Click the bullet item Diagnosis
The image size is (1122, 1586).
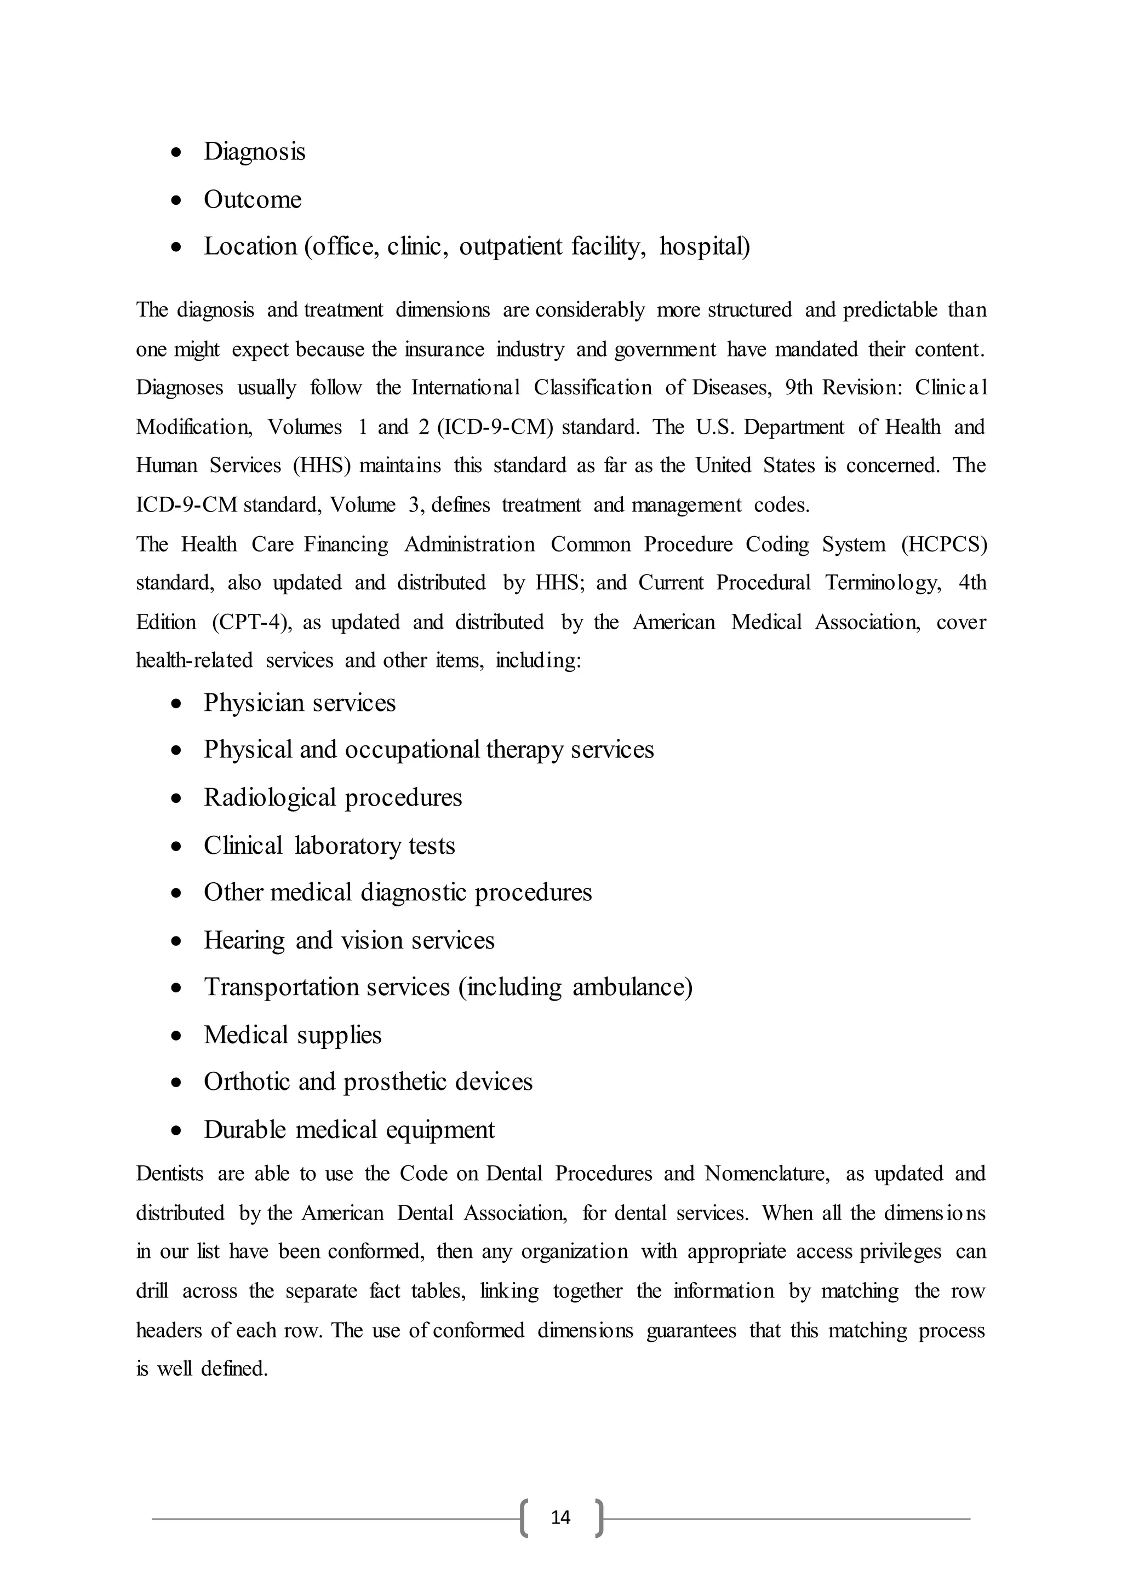tap(254, 152)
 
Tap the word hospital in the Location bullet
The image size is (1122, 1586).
tap(704, 246)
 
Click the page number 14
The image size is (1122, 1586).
tap(560, 1517)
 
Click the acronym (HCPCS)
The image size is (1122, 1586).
tap(944, 545)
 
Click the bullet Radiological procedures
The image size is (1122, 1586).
tap(333, 798)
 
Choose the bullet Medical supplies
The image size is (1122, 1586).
tap(292, 1035)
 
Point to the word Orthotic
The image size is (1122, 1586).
tap(244, 1082)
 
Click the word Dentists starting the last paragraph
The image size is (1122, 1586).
tap(169, 1174)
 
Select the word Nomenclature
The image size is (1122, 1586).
tap(766, 1174)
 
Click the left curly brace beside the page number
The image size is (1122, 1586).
tap(524, 1518)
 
